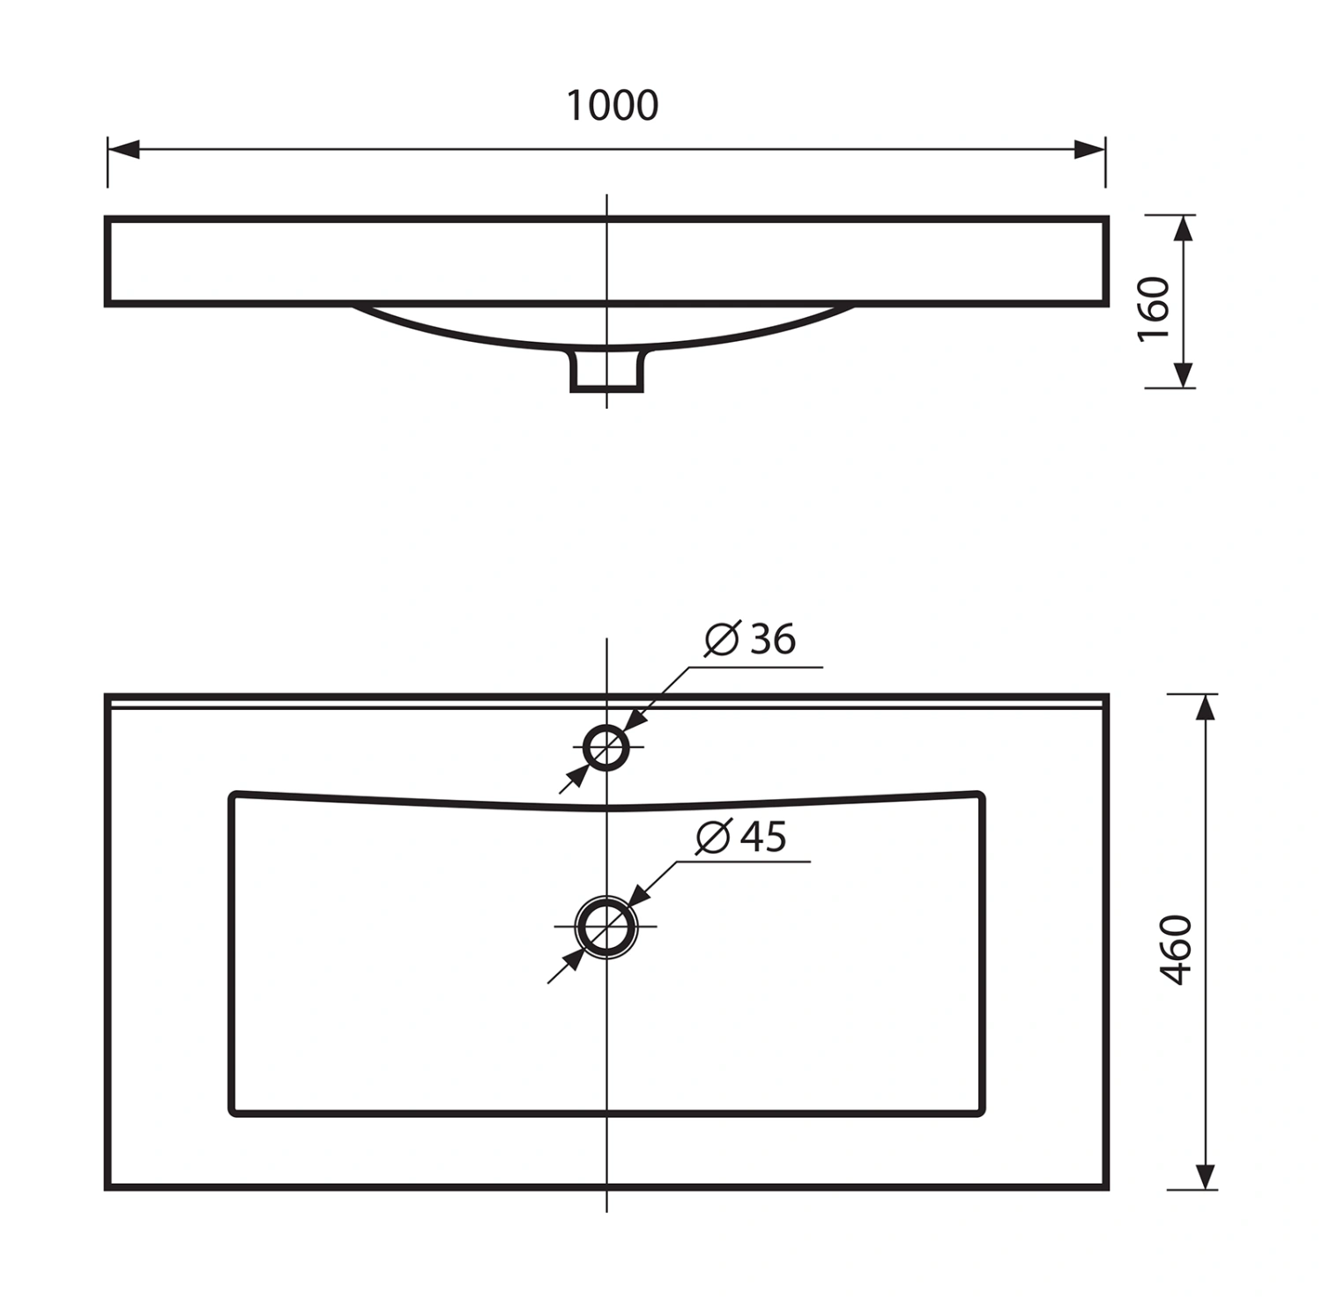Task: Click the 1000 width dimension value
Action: tap(612, 106)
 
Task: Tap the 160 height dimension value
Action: tap(1154, 309)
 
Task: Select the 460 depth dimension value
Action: tap(1177, 950)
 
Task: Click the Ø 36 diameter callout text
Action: tap(750, 639)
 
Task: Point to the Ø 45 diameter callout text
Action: tap(741, 836)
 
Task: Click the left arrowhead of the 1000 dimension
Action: tap(123, 149)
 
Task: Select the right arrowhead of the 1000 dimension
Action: tap(1089, 149)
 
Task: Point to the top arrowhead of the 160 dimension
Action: tap(1184, 230)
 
